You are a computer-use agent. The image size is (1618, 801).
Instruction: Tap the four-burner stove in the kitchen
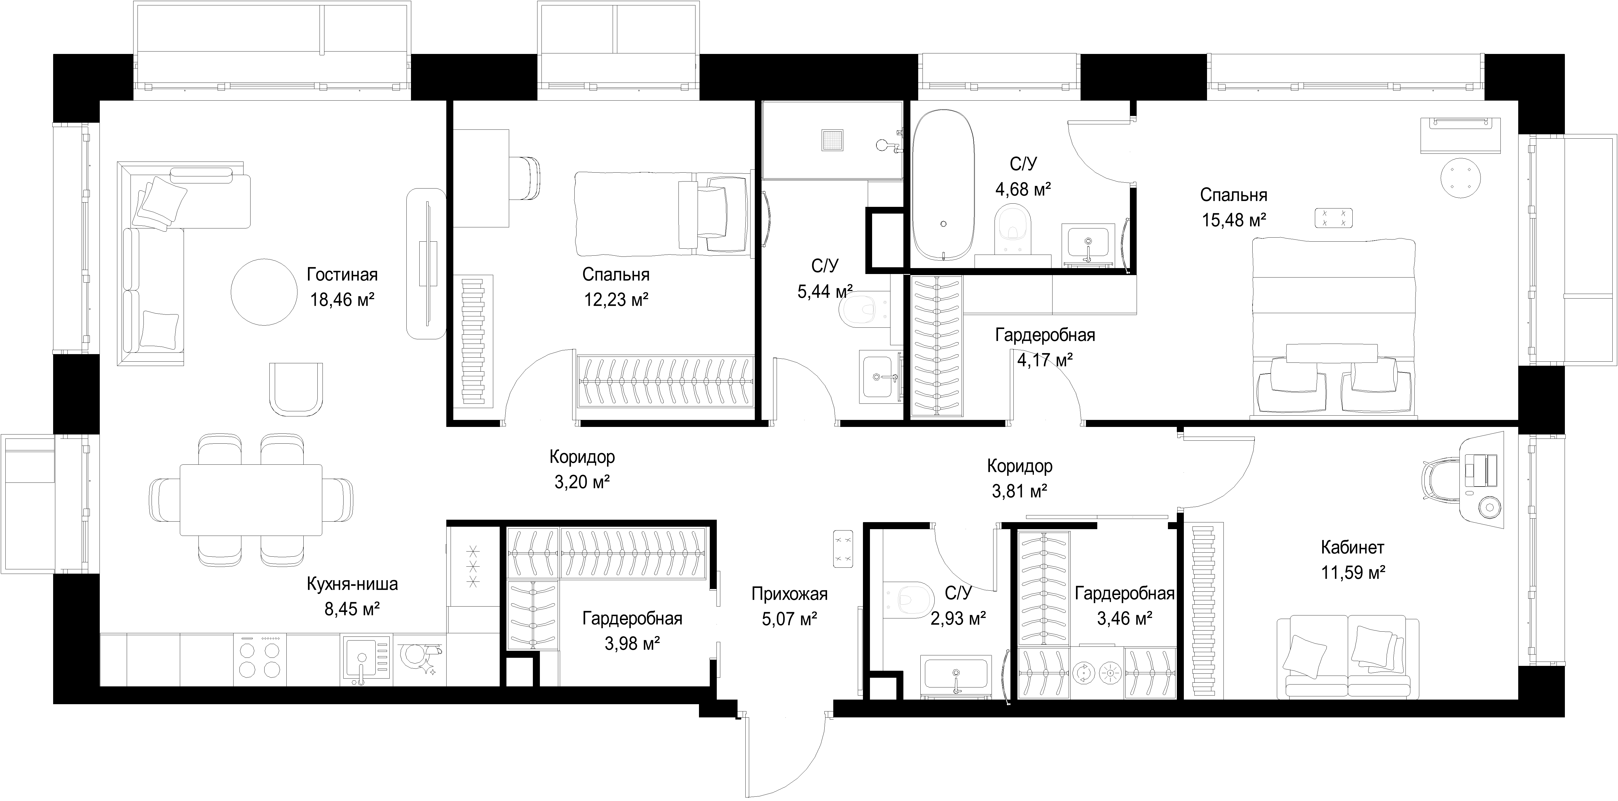tap(259, 660)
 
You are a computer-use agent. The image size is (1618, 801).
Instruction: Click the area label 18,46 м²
tap(342, 300)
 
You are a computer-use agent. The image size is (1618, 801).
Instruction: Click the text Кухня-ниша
tap(352, 584)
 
